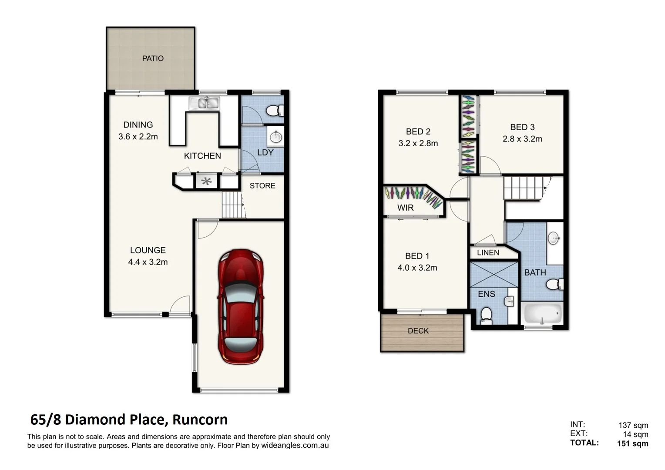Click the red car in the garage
point(241,306)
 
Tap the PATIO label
point(153,58)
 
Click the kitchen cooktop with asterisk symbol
point(206,181)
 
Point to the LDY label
point(265,153)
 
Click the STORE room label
point(262,186)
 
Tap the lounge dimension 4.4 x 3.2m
point(148,262)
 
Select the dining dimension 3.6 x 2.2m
point(138,137)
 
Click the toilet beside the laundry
point(273,111)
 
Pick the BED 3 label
point(522,128)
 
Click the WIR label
point(405,208)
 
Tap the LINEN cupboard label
point(488,253)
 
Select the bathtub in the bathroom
point(542,313)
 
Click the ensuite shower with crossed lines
point(494,274)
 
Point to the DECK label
point(418,331)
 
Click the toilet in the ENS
point(486,315)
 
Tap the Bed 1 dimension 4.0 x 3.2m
point(417,268)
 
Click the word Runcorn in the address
point(200,420)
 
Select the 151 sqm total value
point(632,444)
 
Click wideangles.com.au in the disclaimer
point(295,446)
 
